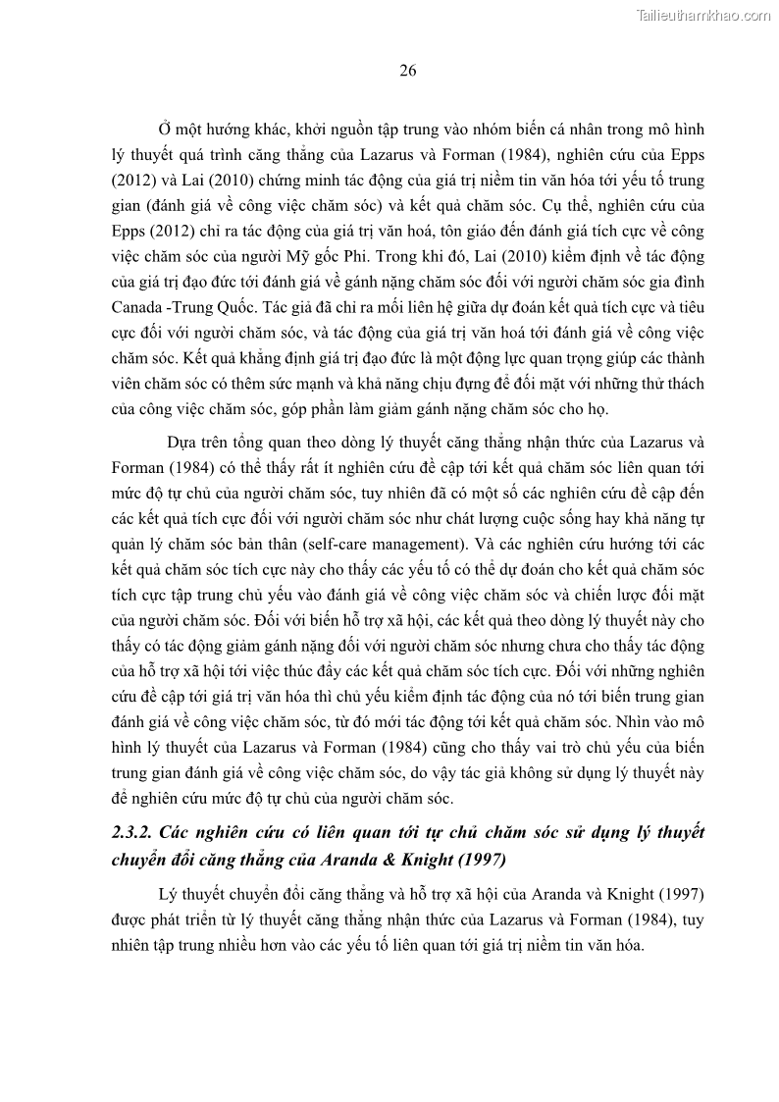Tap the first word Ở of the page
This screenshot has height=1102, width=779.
163,129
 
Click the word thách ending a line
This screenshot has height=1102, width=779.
682,383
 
